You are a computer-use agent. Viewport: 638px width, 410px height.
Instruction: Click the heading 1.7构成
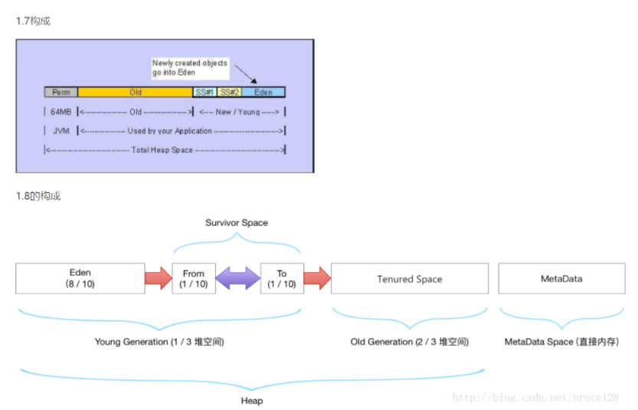33,21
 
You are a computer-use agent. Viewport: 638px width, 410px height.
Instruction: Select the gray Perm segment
61,92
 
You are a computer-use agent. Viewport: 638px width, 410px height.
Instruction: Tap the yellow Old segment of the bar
135,92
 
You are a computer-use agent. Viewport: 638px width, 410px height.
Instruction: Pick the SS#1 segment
204,92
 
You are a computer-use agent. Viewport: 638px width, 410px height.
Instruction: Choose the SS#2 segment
229,92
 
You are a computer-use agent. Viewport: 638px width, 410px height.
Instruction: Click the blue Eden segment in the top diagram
263,92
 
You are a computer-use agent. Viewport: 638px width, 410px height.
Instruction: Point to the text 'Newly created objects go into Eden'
189,67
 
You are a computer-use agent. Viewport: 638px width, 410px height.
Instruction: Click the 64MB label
61,112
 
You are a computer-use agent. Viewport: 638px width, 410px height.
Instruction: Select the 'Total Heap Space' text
162,150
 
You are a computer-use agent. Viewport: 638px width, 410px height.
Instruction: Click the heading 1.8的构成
38,196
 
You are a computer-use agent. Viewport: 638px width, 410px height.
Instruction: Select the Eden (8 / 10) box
80,278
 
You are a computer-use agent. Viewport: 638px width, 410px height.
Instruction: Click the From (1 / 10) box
194,278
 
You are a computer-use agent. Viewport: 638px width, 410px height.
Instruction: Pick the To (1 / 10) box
281,278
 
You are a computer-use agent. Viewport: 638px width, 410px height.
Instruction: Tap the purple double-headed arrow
237,278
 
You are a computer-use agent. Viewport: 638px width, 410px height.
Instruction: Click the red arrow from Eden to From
159,278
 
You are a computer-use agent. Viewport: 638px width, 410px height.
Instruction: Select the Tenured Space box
409,279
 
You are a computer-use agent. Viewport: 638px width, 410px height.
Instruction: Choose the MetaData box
561,279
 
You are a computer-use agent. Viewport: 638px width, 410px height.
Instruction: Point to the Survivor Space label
237,223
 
